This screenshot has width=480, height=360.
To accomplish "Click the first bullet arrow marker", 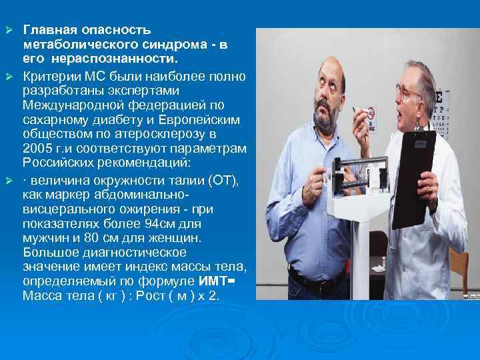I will click(x=10, y=31).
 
